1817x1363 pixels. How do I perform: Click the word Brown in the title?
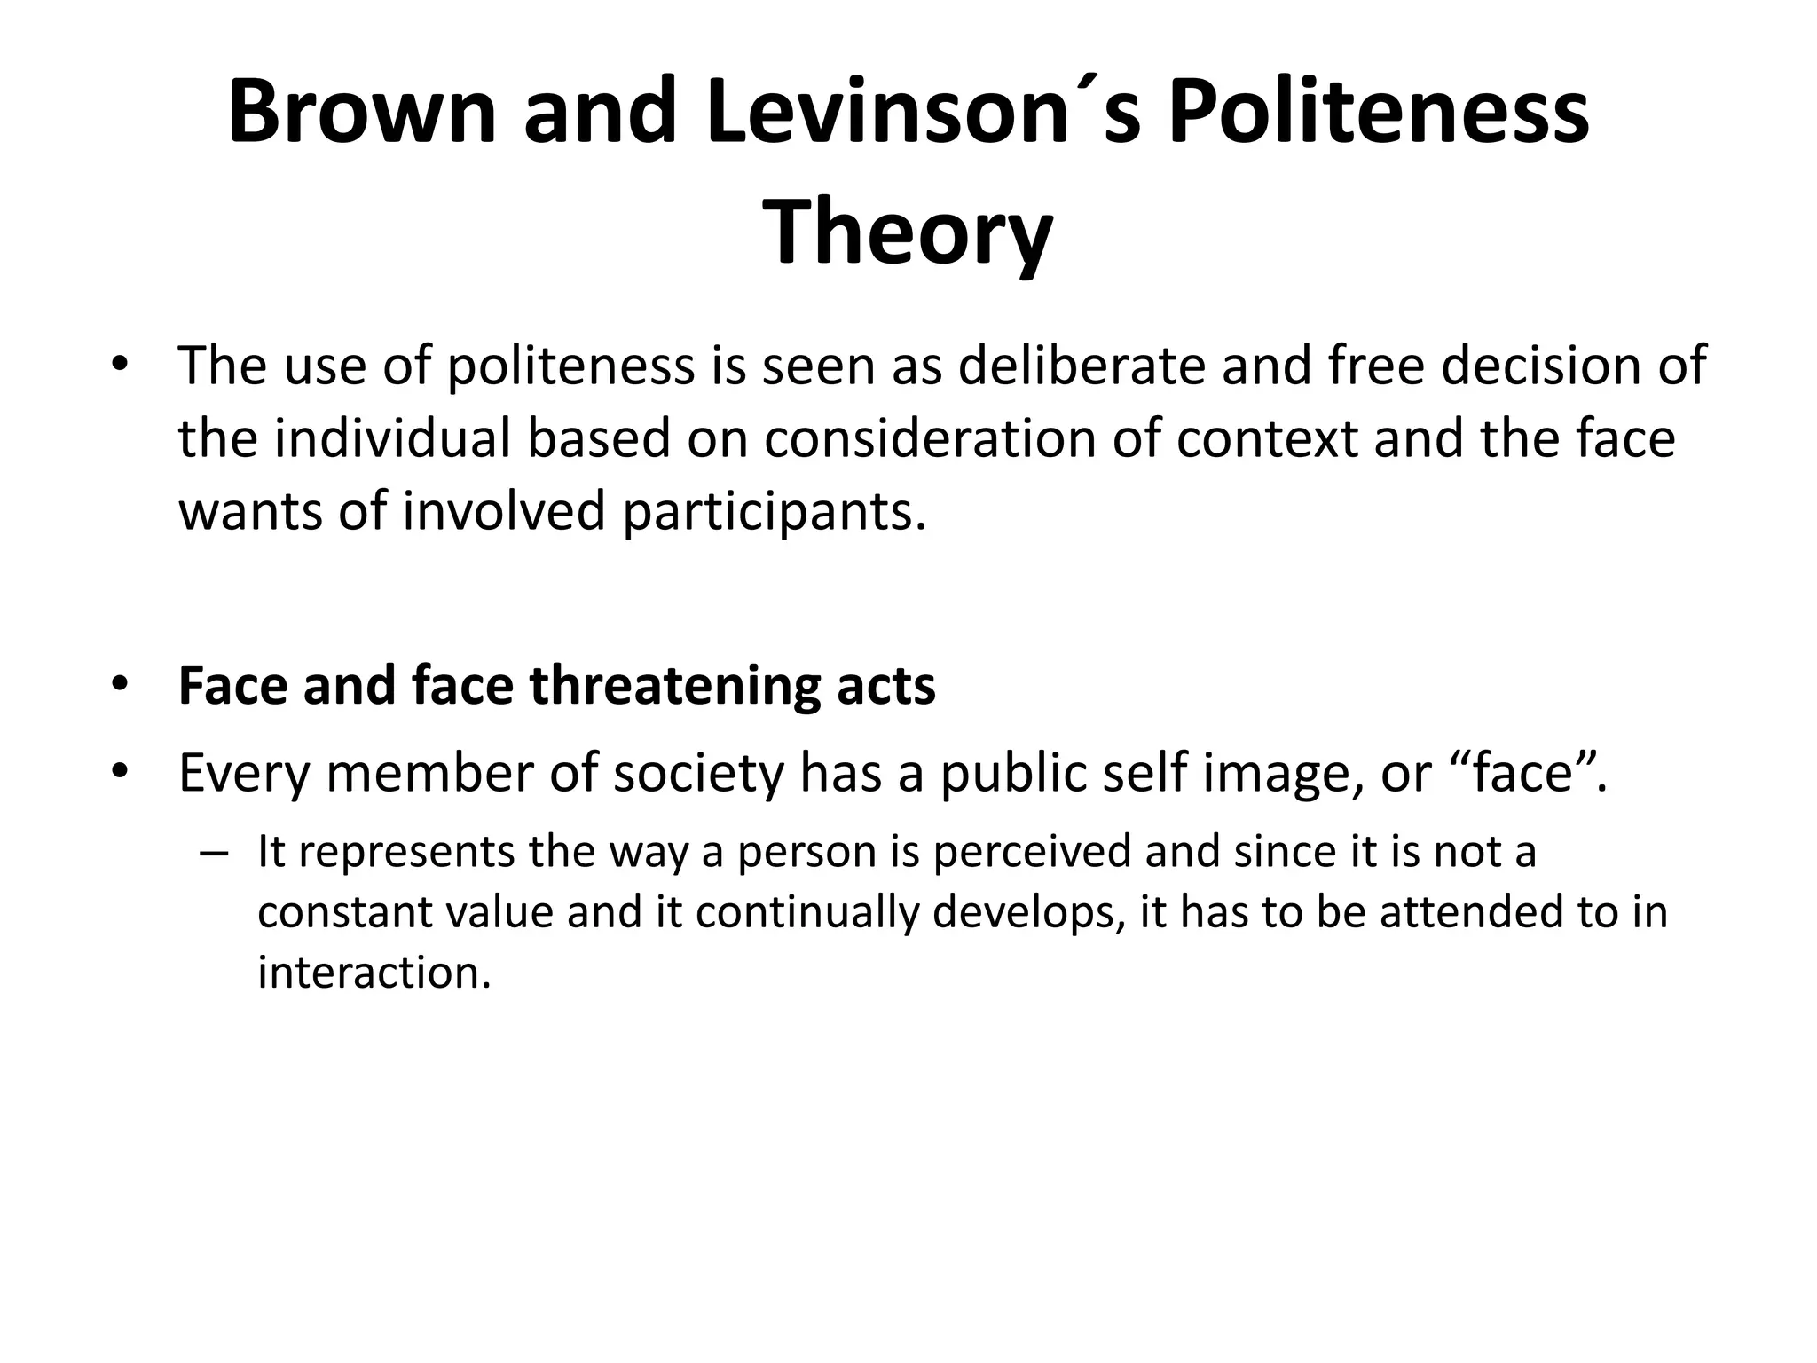point(361,112)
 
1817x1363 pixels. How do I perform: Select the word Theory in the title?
point(908,232)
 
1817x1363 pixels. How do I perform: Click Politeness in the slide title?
point(1378,112)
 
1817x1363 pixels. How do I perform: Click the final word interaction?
point(374,973)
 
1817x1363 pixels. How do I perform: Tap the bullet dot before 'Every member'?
point(121,773)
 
